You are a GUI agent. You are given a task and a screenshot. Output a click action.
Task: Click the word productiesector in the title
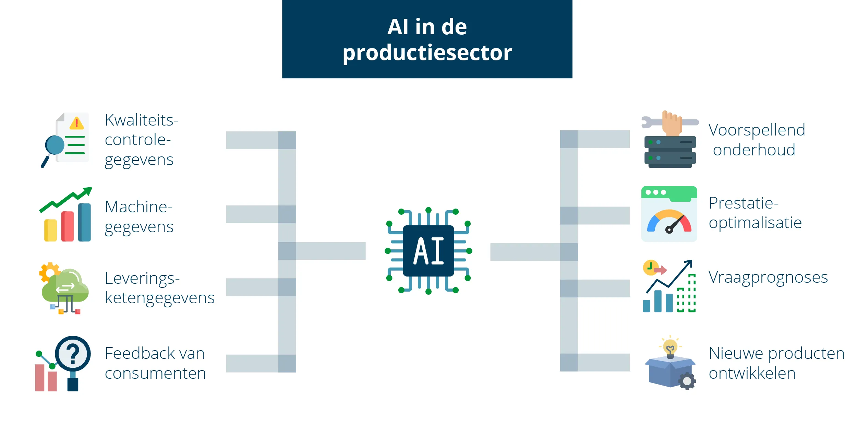[427, 53]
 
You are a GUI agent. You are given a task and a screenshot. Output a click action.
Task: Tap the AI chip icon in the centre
[428, 251]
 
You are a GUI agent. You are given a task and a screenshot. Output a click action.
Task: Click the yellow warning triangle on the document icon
[76, 123]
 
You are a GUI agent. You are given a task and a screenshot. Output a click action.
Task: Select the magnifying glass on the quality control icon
[55, 145]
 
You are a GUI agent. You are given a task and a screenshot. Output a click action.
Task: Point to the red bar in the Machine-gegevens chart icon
[68, 226]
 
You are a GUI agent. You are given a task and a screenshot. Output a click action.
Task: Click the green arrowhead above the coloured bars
[87, 191]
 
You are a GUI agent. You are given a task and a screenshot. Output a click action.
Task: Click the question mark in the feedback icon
[73, 354]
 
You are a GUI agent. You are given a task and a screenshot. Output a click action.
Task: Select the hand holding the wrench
[672, 124]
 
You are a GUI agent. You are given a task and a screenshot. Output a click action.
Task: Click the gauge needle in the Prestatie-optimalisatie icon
[675, 224]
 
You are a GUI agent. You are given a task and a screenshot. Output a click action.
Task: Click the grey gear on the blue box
[687, 381]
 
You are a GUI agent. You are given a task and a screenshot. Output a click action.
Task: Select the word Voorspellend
[757, 130]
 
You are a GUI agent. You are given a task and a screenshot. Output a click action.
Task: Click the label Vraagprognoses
[768, 277]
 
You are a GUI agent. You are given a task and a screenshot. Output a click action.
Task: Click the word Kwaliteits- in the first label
[141, 120]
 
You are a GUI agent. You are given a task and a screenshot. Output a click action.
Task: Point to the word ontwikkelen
[752, 373]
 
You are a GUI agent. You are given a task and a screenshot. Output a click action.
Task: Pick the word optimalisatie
[755, 223]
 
